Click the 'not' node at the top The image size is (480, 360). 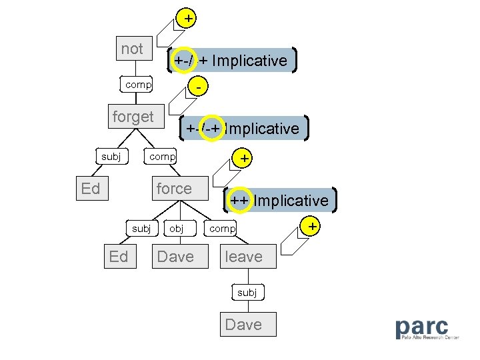click(x=133, y=49)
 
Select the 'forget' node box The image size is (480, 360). click(x=133, y=117)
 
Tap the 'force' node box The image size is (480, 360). click(x=174, y=189)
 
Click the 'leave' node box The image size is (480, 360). click(x=243, y=257)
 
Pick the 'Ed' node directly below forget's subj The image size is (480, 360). click(x=91, y=189)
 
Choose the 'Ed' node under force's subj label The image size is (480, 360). click(x=119, y=257)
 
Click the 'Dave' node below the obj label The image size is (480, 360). click(x=175, y=257)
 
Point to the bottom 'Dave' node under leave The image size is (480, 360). click(x=243, y=325)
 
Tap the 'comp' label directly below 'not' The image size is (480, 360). click(x=138, y=85)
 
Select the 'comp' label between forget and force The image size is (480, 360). click(x=162, y=157)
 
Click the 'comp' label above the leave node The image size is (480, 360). click(x=223, y=229)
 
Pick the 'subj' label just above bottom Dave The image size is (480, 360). click(x=247, y=293)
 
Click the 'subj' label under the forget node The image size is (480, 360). click(x=111, y=157)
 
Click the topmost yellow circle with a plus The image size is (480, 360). click(x=189, y=19)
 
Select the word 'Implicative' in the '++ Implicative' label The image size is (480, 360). click(x=291, y=201)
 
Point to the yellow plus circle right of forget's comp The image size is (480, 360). click(x=245, y=159)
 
